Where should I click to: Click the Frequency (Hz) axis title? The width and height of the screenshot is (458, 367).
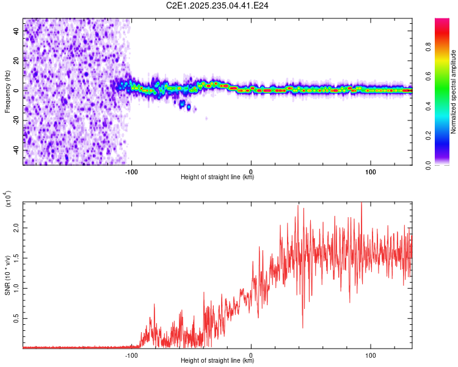point(7,91)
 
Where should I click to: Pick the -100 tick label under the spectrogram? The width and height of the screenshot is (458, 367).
point(131,171)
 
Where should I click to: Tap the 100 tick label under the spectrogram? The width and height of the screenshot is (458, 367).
point(370,171)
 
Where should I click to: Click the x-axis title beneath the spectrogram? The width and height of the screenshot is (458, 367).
point(217,177)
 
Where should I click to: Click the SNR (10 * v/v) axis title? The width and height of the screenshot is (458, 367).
point(7,275)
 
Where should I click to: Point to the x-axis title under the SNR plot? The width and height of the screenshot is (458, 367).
point(217,361)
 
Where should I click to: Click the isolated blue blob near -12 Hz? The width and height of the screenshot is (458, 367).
point(189,108)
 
